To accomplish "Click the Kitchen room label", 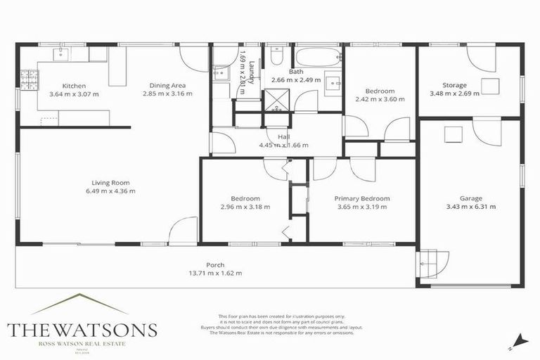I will (74, 85).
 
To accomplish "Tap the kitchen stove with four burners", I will (28, 79).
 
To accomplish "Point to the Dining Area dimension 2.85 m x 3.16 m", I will (167, 94).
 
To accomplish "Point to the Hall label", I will (283, 136).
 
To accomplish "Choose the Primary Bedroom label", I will (361, 198).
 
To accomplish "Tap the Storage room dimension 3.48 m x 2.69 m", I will (454, 94).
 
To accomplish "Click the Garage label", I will (471, 198).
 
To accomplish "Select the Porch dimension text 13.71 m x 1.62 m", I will (215, 273).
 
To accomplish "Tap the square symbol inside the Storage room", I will (489, 86).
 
